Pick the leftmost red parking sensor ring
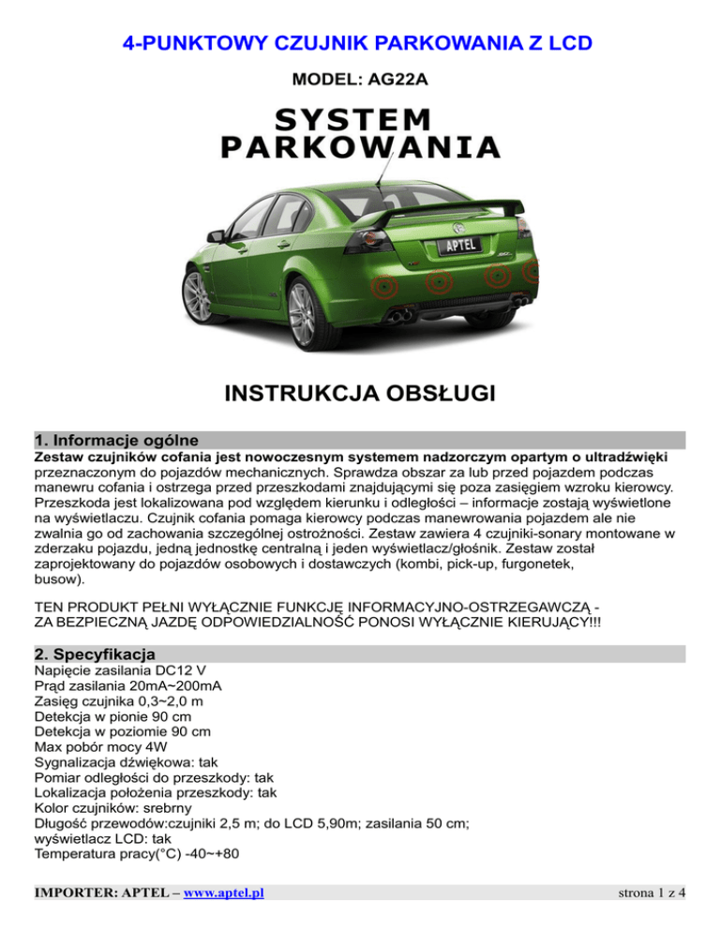(382, 283)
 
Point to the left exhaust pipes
(398, 315)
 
